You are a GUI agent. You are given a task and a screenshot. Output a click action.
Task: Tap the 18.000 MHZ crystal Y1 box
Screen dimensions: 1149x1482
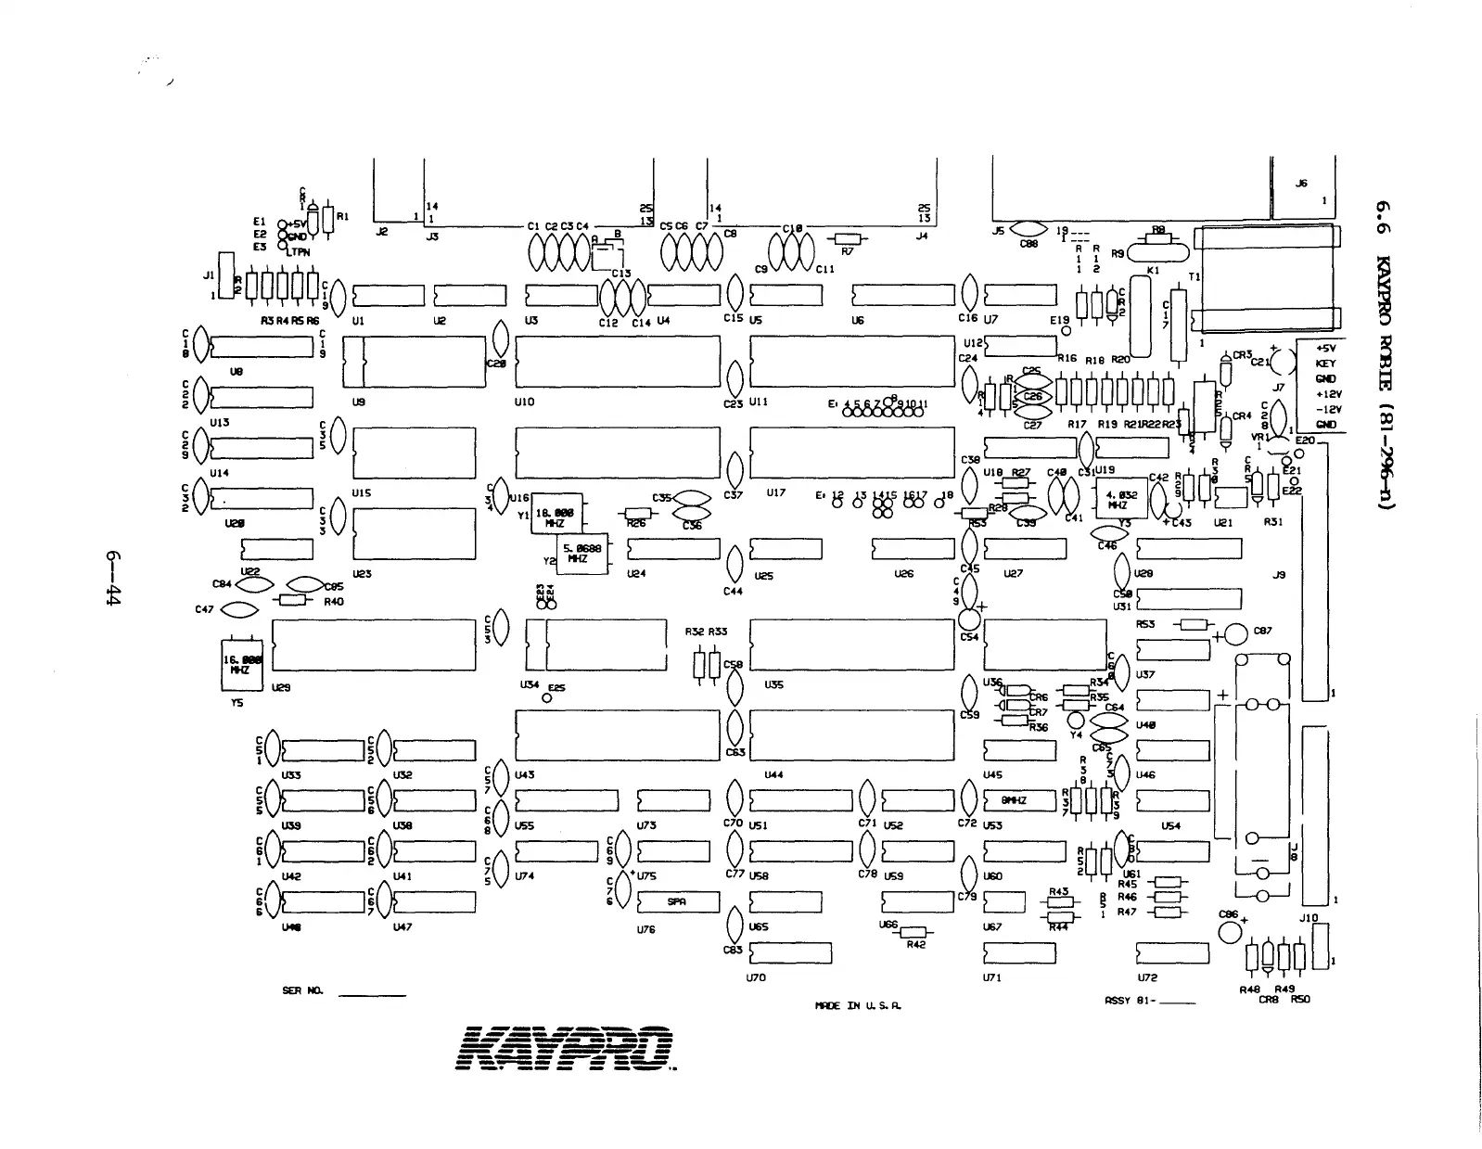556,514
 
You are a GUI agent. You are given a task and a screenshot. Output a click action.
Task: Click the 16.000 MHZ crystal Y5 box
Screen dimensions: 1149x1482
241,664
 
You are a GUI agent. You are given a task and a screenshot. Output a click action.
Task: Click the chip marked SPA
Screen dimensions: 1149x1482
678,902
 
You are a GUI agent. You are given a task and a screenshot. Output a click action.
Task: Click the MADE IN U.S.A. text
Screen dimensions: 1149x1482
857,1005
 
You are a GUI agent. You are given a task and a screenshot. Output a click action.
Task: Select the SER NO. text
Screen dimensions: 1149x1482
301,991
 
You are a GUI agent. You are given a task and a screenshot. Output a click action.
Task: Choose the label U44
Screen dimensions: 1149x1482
773,774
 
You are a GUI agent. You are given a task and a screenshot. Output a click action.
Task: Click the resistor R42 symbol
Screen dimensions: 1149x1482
914,932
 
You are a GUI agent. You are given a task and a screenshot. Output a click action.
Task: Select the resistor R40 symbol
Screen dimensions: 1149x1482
290,601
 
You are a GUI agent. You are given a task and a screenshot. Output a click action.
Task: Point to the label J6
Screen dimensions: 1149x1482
1301,184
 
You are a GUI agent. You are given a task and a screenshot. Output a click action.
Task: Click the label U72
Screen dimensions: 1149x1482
1146,977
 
